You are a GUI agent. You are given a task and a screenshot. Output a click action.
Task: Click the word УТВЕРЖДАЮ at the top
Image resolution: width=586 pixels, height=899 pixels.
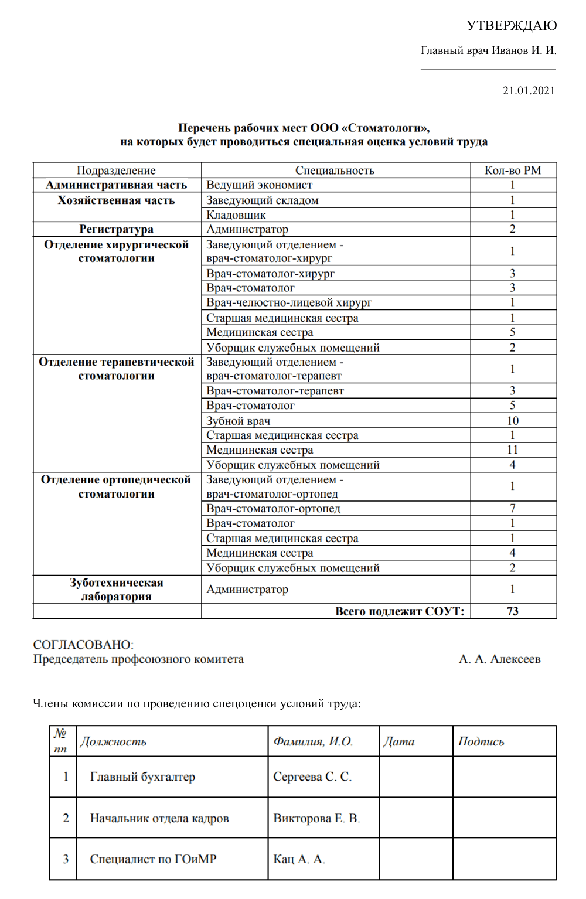pos(511,25)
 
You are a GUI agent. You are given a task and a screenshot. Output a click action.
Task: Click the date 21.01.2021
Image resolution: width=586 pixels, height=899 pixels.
pos(528,90)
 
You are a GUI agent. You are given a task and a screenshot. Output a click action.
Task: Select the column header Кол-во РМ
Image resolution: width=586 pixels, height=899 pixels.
pos(512,171)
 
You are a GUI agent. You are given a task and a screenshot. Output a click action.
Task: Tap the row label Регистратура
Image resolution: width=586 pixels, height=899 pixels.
pos(116,229)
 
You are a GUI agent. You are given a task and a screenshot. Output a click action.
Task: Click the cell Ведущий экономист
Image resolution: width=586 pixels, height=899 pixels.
pos(259,185)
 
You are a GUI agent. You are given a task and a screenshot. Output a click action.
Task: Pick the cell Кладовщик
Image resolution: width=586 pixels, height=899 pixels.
pos(236,215)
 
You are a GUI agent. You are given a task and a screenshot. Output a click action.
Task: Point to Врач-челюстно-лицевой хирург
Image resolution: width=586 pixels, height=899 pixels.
pos(289,302)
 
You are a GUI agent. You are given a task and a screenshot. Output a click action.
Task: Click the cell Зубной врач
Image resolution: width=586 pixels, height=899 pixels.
pos(238,421)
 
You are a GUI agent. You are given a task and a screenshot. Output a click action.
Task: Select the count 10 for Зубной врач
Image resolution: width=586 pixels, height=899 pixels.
pos(512,421)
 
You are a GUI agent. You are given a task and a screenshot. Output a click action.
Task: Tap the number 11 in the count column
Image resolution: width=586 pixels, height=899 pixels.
pos(512,449)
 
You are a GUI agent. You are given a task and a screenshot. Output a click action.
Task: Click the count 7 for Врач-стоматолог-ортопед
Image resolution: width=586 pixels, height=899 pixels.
pos(512,508)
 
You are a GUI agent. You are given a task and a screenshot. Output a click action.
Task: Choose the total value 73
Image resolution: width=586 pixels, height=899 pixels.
pos(512,611)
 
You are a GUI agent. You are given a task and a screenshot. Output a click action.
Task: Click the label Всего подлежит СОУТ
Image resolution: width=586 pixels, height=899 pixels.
pos(399,611)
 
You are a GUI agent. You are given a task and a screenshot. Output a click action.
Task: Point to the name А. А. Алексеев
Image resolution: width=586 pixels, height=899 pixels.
pos(499,659)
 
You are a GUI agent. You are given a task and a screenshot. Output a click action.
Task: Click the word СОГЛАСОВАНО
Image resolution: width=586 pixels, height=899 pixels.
pos(83,645)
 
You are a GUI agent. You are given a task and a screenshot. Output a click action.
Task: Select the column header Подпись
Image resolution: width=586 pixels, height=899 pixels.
pos(481,741)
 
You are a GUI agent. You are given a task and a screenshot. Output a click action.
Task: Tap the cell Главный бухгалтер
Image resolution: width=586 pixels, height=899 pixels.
pos(142,777)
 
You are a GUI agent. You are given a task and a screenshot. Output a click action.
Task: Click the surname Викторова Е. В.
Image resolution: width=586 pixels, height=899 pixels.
pos(316,818)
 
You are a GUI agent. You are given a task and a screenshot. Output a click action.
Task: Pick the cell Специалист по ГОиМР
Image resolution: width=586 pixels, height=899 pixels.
pos(153,859)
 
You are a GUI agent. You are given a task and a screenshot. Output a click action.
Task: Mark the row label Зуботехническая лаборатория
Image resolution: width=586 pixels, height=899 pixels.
pos(116,590)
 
